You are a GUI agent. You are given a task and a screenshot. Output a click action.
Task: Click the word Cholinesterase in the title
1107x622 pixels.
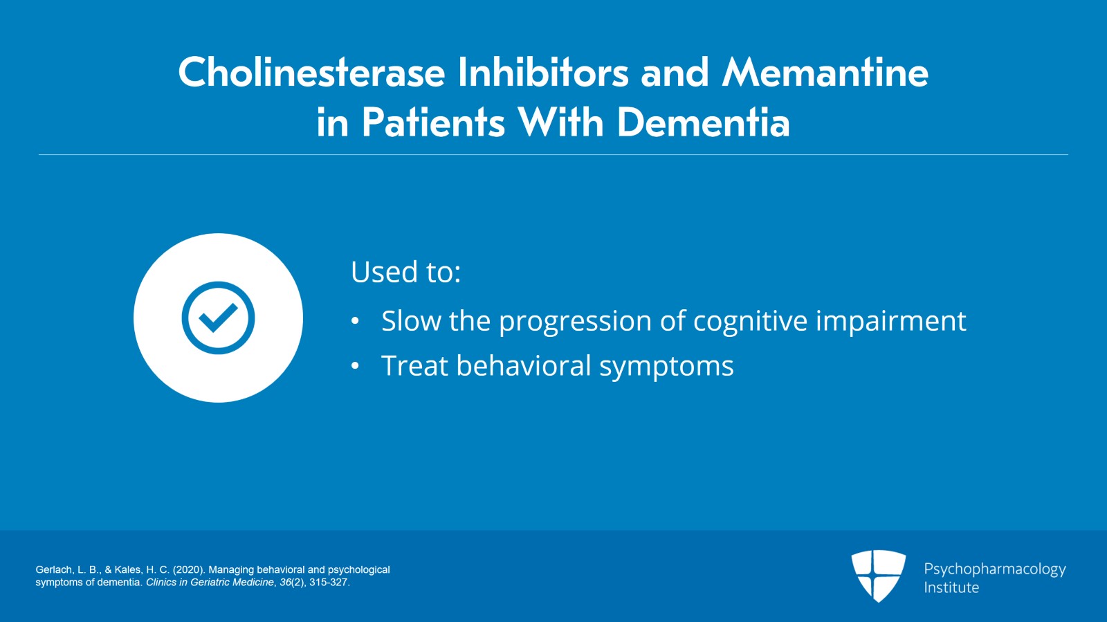(x=312, y=72)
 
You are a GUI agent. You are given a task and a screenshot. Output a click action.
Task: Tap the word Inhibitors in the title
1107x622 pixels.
(x=543, y=72)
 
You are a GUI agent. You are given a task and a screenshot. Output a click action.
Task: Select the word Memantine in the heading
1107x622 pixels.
(x=825, y=72)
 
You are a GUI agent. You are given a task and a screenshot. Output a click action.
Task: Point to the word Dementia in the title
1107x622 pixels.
(x=703, y=122)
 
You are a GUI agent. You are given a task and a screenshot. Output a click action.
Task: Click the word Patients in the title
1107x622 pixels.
(x=433, y=122)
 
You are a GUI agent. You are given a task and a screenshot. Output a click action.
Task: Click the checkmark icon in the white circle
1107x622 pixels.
(x=219, y=318)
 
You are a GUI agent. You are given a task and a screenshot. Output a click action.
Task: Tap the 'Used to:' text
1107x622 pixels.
(x=405, y=271)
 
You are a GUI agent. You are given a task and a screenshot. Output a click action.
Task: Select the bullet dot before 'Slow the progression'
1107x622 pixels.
(x=355, y=321)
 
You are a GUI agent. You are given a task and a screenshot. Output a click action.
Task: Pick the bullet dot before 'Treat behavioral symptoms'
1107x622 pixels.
(x=355, y=366)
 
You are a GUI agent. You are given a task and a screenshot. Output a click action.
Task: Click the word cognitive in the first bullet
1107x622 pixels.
(x=750, y=321)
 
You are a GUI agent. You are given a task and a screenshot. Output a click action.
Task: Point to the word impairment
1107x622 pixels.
(x=891, y=321)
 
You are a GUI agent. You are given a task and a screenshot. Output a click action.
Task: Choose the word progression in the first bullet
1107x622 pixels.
(x=575, y=322)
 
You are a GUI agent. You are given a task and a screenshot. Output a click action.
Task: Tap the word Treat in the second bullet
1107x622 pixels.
(x=414, y=365)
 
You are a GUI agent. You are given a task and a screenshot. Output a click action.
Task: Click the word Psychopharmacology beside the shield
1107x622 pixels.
(x=995, y=569)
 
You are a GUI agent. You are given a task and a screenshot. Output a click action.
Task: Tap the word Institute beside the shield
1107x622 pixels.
(x=951, y=587)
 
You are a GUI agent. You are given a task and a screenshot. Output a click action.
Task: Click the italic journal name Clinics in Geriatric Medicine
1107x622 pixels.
(x=210, y=583)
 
